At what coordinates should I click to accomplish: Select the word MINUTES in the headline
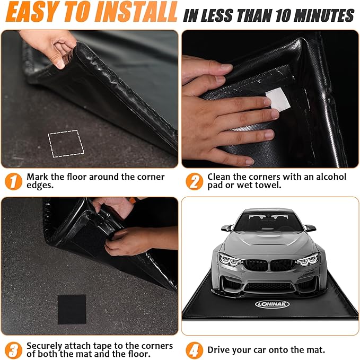[324, 15]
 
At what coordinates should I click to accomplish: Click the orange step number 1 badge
[13, 181]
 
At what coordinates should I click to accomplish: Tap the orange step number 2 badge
[194, 181]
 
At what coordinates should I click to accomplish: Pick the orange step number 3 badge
[13, 350]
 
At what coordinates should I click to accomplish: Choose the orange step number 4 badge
[194, 350]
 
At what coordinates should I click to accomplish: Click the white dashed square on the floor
[66, 143]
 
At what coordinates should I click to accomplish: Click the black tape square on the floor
[72, 309]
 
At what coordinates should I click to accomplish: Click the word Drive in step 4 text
[219, 350]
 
